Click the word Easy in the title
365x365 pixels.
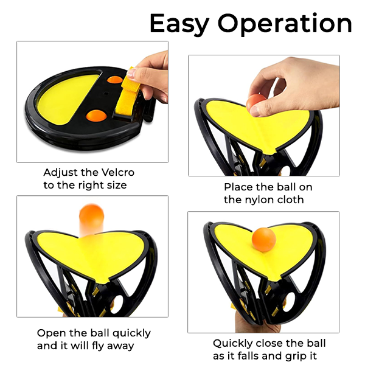(179, 24)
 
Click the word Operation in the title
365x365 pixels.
(285, 24)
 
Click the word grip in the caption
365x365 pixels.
(294, 356)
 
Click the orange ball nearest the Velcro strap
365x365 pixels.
(115, 79)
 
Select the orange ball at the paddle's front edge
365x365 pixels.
(96, 116)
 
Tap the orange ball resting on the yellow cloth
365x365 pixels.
(264, 240)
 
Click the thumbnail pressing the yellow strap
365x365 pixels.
(131, 73)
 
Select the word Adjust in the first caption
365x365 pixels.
(60, 173)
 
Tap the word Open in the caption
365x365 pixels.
(51, 333)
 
